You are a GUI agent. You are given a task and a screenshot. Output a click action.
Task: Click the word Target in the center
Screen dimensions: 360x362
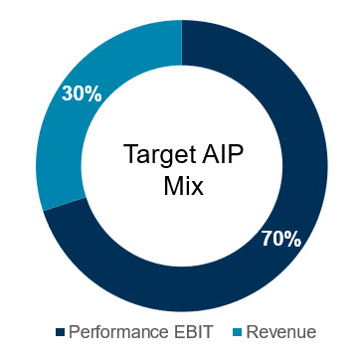(155, 155)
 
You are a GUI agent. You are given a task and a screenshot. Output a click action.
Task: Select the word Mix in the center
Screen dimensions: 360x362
(182, 185)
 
